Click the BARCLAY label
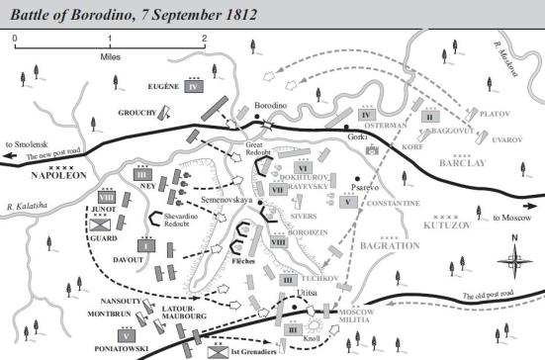click(x=473, y=164)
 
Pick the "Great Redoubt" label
click(x=262, y=150)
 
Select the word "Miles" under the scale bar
click(x=109, y=56)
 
